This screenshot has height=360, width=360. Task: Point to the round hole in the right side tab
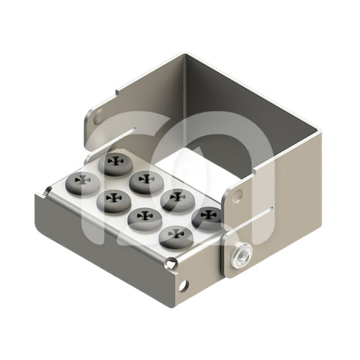point(237,195)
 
